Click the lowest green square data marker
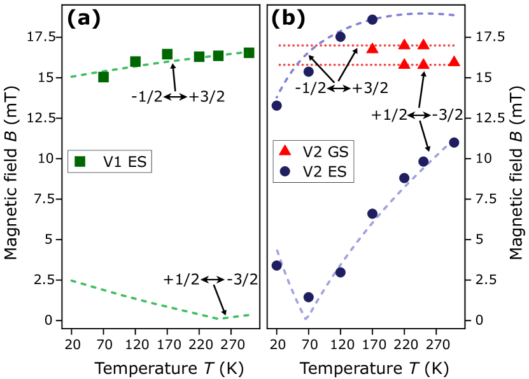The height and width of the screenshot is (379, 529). (x=104, y=77)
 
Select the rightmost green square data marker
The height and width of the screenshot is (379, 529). (x=249, y=53)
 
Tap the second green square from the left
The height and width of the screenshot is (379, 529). (x=136, y=62)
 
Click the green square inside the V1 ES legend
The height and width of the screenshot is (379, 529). (x=80, y=162)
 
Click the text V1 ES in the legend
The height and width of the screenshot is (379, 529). (x=125, y=162)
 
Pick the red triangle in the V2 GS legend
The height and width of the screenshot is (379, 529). (x=285, y=150)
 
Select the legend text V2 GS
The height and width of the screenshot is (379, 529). (x=325, y=152)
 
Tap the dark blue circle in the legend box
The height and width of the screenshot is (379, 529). (x=285, y=171)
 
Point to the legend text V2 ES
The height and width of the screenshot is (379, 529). (x=325, y=171)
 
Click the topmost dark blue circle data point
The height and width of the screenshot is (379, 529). (x=372, y=20)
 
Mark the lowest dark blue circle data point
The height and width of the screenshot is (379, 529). (x=309, y=297)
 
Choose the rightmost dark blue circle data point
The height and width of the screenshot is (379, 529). (x=454, y=143)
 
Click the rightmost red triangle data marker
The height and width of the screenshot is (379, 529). (x=454, y=61)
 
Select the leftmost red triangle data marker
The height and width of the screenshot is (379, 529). (x=372, y=48)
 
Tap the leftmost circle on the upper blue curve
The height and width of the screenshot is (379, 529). (x=276, y=105)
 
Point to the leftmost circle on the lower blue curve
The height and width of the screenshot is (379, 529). (x=276, y=265)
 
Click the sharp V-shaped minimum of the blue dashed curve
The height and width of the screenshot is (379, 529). (x=306, y=318)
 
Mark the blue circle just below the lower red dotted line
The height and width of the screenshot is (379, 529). (x=309, y=71)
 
